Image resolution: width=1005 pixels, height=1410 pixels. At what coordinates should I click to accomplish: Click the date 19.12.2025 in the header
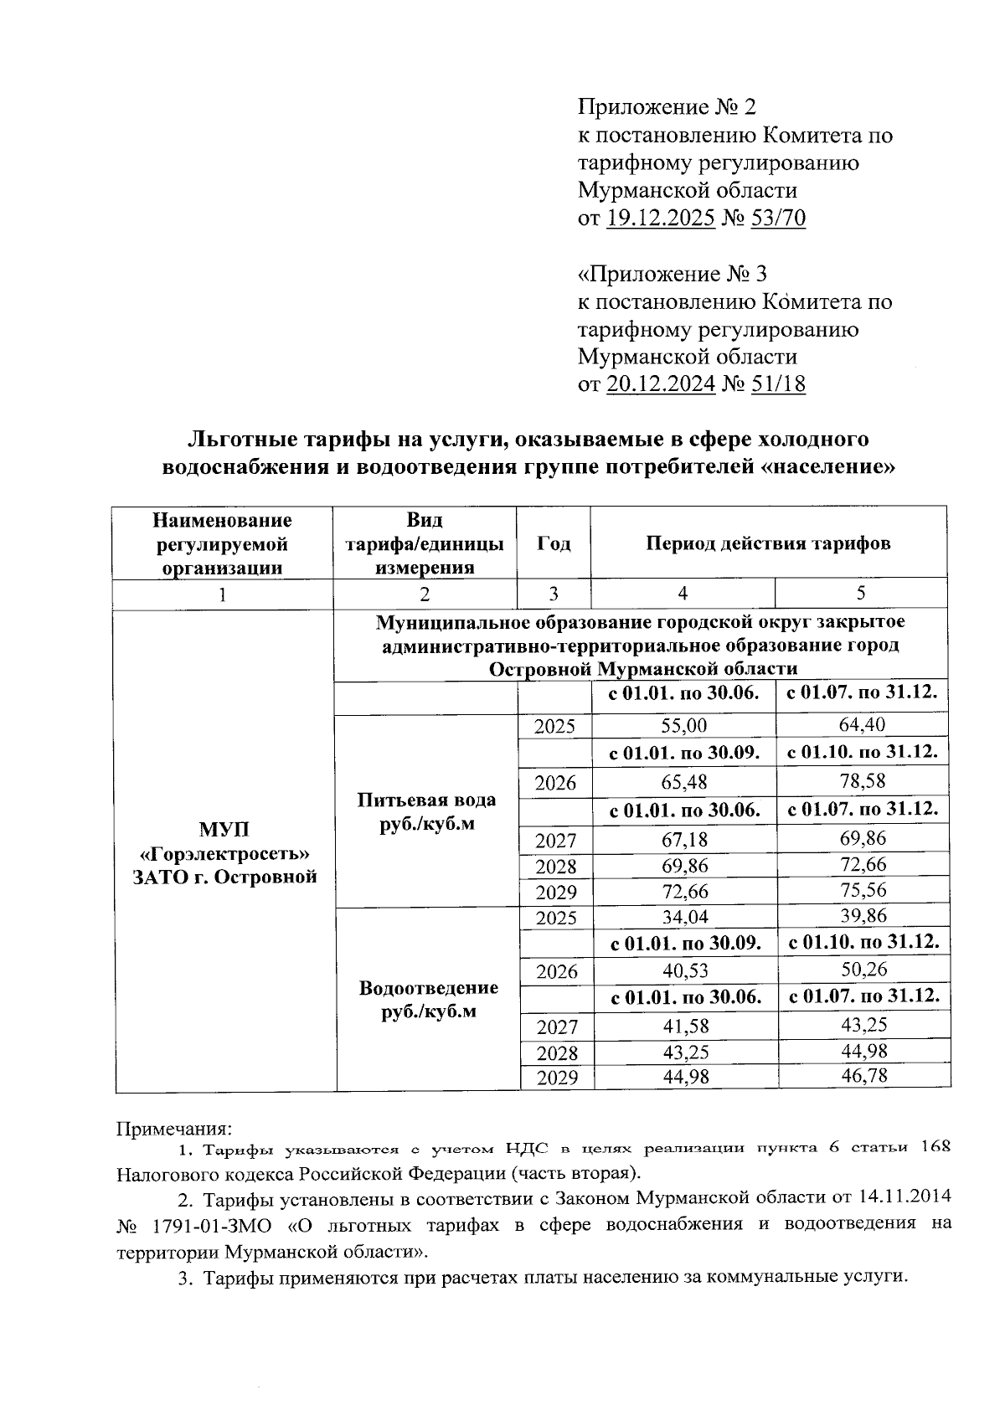pos(660,219)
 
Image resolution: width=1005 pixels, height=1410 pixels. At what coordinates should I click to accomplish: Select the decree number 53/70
pos(777,219)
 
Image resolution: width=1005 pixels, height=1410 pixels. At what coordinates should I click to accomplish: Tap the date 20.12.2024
pos(660,384)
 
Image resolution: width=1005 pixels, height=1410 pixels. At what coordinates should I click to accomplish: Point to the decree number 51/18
pos(777,384)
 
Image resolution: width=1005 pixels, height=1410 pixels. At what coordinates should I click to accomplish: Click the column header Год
pos(554,543)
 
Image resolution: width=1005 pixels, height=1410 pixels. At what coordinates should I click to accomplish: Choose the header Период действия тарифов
pos(768,543)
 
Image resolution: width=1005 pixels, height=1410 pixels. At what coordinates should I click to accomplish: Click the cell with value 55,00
pos(684,726)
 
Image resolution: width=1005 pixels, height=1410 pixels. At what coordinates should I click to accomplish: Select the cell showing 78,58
pos(863,782)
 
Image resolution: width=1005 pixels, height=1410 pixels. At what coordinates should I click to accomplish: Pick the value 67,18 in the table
pos(684,839)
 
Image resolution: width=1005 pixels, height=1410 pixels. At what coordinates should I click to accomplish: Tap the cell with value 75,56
pos(863,890)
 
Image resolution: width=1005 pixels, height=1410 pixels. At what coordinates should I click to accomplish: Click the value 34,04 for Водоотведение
pos(684,918)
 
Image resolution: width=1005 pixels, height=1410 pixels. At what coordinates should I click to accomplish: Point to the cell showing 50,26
pos(863,970)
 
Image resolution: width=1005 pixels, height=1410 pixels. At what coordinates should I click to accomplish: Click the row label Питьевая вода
pos(426,800)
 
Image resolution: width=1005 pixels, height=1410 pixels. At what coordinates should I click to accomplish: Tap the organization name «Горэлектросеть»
pos(224,853)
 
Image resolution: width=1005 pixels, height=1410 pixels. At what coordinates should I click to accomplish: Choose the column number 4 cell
pos(683,594)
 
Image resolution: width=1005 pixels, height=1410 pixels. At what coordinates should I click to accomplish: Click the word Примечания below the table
pos(173,1130)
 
